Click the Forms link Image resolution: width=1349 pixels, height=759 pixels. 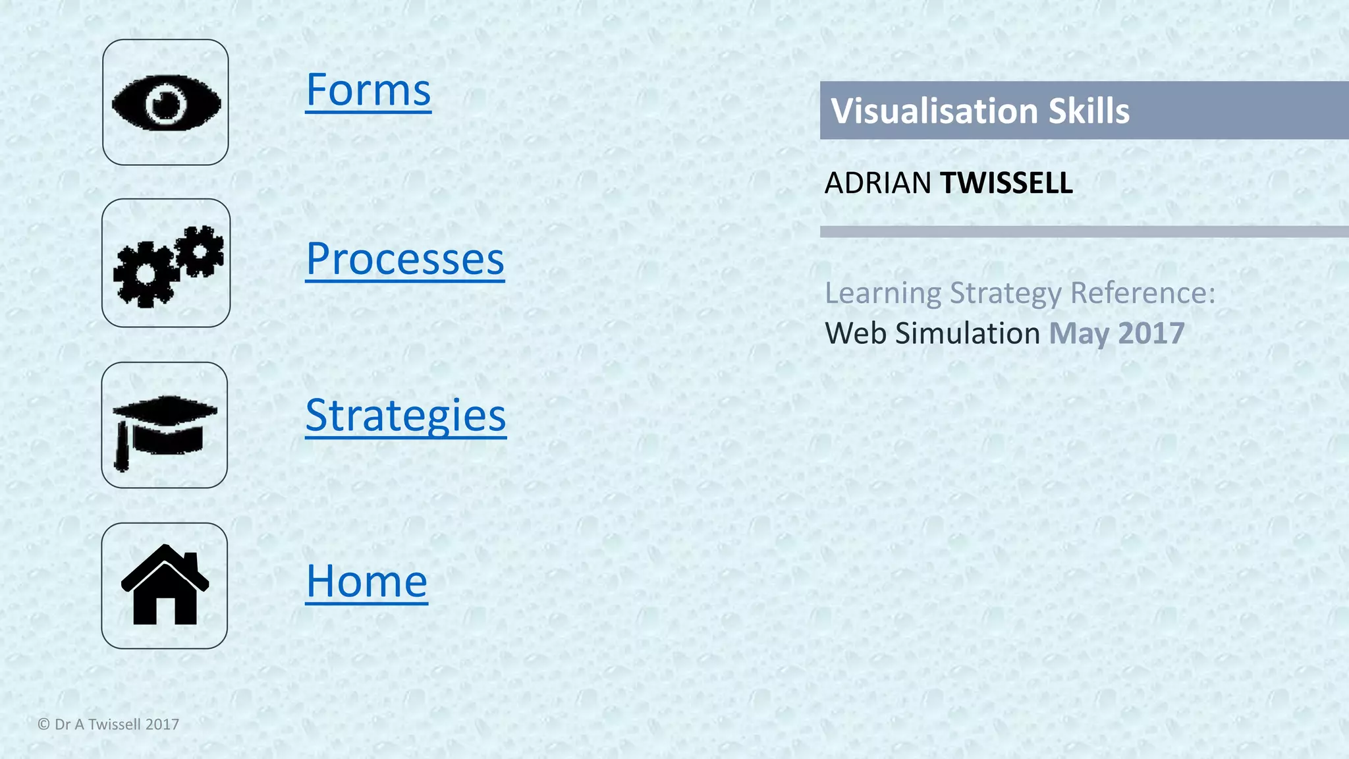368,90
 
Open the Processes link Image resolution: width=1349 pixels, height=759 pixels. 405,259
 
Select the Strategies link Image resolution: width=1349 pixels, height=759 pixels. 406,415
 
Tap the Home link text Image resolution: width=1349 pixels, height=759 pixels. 367,581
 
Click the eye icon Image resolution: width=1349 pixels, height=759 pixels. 166,103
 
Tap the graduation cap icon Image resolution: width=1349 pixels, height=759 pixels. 165,426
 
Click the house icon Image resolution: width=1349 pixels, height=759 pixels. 165,586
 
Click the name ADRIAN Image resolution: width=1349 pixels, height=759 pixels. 877,183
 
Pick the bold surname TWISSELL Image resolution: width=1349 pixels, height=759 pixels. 1006,183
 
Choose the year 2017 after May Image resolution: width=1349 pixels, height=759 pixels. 1151,333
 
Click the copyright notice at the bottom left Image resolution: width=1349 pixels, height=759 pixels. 109,724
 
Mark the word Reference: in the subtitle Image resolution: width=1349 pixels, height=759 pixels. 1143,293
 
